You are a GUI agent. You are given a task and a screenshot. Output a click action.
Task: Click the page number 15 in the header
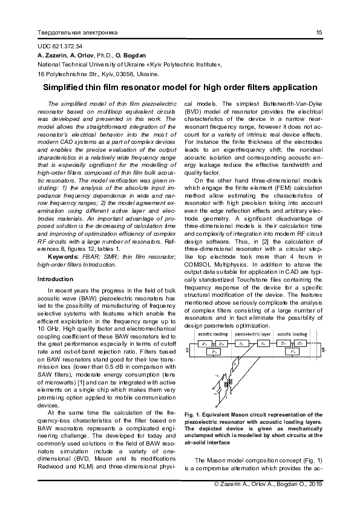[318, 31]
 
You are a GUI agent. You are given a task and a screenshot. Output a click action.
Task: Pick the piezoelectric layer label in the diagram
[254, 334]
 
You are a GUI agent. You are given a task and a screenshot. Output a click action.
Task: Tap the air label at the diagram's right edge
[324, 349]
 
